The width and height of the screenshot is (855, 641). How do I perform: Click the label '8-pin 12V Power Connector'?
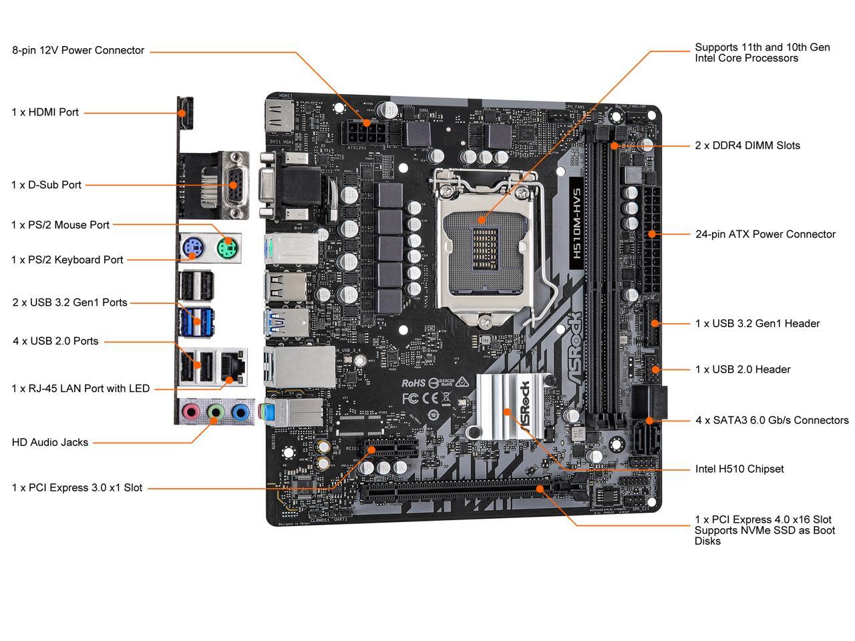[78, 50]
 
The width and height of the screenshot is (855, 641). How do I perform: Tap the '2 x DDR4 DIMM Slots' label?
[747, 146]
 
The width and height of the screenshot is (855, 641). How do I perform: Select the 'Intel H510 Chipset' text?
[739, 469]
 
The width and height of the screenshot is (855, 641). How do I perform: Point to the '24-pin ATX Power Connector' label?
[765, 234]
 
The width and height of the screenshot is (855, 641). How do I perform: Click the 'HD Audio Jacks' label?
[50, 442]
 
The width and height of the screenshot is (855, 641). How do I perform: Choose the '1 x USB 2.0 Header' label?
[743, 369]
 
